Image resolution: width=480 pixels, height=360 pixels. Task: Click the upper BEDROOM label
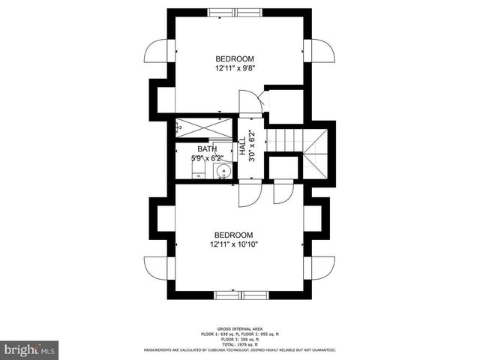235,58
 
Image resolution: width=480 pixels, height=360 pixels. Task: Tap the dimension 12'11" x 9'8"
235,67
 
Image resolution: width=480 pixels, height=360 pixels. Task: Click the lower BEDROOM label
233,235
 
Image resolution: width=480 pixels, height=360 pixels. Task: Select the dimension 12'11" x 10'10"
233,244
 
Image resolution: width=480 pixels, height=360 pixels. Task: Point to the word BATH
207,149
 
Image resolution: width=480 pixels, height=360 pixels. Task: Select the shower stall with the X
205,125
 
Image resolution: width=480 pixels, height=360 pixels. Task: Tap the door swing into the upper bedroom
248,102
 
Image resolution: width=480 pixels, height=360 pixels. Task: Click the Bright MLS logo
30,349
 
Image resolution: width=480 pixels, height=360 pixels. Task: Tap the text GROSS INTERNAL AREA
239,328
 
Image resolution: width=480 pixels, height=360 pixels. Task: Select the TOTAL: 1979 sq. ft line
239,343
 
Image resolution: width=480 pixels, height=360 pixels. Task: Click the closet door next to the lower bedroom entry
283,193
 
